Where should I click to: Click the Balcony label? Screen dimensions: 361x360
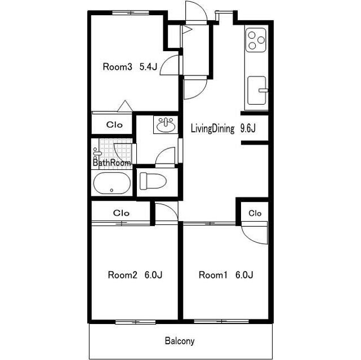pos(180,341)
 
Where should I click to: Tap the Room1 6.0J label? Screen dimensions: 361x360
pos(226,275)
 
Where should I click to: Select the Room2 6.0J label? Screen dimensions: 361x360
pos(135,275)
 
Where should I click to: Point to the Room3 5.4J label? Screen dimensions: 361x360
pos(130,67)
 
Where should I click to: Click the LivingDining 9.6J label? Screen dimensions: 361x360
pos(223,128)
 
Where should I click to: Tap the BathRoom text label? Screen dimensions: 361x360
pos(112,163)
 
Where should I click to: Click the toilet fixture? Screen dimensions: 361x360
pos(153,181)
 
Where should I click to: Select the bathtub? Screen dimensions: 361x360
pos(112,183)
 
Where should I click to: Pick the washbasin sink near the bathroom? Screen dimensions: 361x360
pos(166,124)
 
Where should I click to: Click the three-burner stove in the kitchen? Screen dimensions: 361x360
pos(256,40)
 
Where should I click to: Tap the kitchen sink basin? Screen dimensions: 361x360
pos(257,91)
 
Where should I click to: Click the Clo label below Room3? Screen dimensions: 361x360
pos(114,125)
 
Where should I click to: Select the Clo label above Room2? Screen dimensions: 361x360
pos(121,213)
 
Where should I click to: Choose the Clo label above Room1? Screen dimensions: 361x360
pos(255,213)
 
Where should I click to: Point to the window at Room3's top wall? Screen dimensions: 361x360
pos(130,13)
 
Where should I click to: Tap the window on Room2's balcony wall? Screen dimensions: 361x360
pos(135,322)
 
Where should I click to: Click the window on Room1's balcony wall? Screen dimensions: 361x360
pos(221,321)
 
